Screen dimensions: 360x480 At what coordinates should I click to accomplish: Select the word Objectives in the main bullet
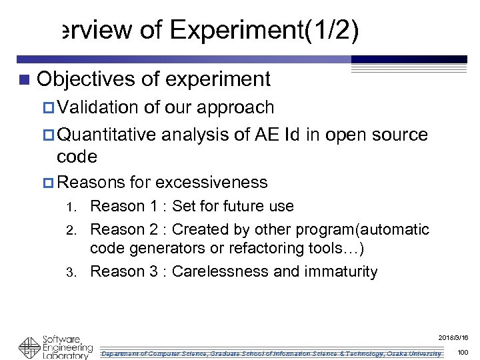point(87,79)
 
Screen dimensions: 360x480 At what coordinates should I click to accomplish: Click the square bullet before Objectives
point(25,80)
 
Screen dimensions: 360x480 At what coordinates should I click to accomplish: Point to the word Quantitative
point(107,135)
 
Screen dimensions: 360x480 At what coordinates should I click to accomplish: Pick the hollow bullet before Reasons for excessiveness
point(50,183)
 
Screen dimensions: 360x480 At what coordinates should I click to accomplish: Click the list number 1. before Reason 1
point(76,207)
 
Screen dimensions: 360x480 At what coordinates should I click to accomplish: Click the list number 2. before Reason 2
point(76,231)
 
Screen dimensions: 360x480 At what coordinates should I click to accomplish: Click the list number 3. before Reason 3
point(76,273)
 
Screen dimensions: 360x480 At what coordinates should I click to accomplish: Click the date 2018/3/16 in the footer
point(456,338)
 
